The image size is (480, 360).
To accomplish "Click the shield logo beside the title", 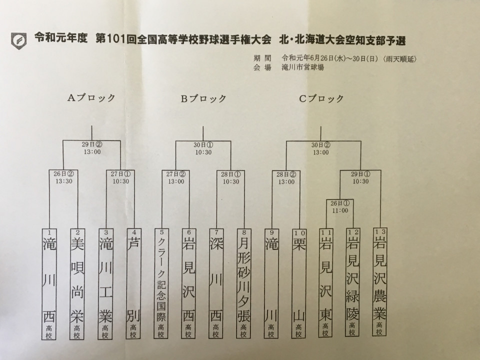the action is click(x=19, y=40).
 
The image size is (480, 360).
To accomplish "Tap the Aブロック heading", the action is click(x=91, y=97).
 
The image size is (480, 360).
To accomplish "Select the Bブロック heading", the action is click(x=203, y=98).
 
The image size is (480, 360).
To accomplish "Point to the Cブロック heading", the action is click(x=321, y=98).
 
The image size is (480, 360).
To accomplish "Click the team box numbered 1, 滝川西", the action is click(x=49, y=284).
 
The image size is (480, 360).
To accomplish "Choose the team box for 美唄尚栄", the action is click(x=77, y=284).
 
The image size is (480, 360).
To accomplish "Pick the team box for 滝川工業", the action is click(x=105, y=284).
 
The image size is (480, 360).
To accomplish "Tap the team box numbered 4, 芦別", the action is click(x=133, y=283).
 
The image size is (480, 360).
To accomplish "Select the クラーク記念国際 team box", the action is click(x=161, y=283).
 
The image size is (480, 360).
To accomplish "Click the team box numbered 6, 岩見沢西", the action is click(x=188, y=283).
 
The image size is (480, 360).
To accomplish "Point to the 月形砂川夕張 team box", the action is click(x=243, y=283).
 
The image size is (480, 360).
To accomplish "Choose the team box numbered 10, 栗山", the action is click(x=299, y=283).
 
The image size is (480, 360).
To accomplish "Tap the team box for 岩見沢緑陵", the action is click(x=352, y=282).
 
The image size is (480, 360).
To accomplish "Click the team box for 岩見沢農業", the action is click(x=379, y=281).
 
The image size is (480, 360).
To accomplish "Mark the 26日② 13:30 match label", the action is click(x=63, y=177).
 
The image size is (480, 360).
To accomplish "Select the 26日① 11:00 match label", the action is click(x=340, y=207).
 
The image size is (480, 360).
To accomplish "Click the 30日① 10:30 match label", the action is click(x=203, y=148).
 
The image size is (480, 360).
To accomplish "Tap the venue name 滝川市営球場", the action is click(x=303, y=67).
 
